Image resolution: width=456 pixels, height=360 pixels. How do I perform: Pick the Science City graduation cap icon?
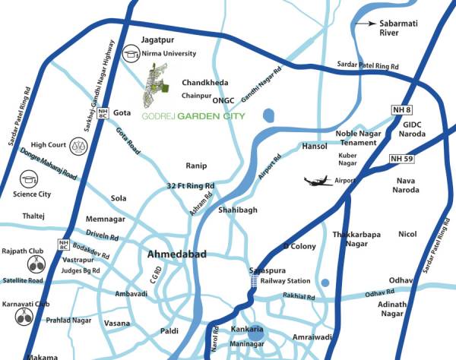coord(29,179)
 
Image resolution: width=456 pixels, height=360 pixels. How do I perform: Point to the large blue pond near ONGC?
coord(267,117)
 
